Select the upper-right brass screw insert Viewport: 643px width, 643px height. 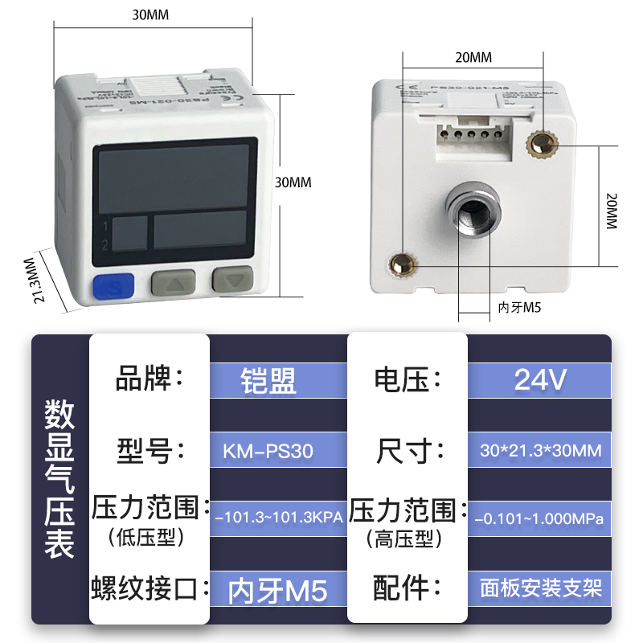click(539, 145)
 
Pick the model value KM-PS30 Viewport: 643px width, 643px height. click(268, 451)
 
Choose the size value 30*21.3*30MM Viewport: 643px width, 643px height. click(539, 451)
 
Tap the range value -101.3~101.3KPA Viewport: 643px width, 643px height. click(278, 517)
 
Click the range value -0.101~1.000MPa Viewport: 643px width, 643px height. click(539, 517)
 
